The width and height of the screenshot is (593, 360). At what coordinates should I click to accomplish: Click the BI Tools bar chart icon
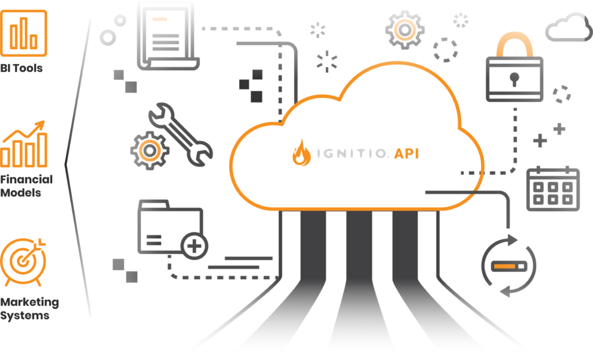pos(23,33)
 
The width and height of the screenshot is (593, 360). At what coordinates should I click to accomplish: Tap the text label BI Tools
pos(21,68)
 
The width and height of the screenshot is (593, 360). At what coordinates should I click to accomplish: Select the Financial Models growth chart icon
pos(23,144)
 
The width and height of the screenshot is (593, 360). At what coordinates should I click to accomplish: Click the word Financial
pos(27,179)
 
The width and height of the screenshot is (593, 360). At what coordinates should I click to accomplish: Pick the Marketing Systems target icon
pos(23,262)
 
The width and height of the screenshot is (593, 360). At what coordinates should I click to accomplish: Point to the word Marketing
pos(30,302)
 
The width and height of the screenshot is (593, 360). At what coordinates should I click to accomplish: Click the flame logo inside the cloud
pos(301,153)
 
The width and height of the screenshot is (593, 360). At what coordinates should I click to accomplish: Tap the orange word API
pos(407,153)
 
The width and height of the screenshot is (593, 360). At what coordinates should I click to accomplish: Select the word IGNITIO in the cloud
pos(351,153)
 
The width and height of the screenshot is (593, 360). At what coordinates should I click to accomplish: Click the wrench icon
pos(180,134)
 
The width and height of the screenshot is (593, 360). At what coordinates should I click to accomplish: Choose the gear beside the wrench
pos(149,150)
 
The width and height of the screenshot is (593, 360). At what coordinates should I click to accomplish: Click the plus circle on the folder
pos(195,246)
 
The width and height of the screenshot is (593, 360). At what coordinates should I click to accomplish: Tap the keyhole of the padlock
pos(514,79)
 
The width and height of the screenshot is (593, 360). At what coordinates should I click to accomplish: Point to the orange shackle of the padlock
pos(514,43)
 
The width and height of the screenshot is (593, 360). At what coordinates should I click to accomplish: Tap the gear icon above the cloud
pos(405,30)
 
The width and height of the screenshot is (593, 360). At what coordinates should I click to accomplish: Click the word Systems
pos(24,315)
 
